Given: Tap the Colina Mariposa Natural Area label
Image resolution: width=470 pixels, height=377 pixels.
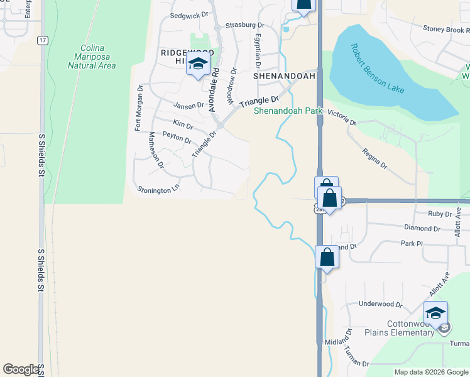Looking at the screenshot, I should (x=92, y=57).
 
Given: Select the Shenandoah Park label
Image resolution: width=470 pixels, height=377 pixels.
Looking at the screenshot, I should (x=288, y=111).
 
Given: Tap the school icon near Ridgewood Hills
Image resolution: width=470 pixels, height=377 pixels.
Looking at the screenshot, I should (x=198, y=65).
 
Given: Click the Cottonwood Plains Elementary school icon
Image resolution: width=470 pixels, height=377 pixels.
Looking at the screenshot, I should (x=435, y=312).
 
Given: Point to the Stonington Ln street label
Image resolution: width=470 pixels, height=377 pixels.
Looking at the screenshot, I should (x=158, y=189).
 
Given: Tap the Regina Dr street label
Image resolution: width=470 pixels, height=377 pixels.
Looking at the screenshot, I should (x=374, y=159).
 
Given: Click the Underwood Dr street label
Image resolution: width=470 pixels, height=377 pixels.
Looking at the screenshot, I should (x=380, y=304).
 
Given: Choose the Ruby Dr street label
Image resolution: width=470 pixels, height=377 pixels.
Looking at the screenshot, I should (x=440, y=214).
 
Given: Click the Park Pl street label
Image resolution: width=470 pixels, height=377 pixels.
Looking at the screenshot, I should (x=408, y=243).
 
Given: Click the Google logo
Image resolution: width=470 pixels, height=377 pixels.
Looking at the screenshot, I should (x=20, y=369).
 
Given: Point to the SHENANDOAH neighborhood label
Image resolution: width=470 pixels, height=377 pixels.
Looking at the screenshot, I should (x=283, y=75).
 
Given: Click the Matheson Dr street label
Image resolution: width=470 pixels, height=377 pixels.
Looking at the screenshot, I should (x=156, y=150).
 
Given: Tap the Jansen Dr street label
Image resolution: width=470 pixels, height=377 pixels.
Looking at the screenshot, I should (x=189, y=105).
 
